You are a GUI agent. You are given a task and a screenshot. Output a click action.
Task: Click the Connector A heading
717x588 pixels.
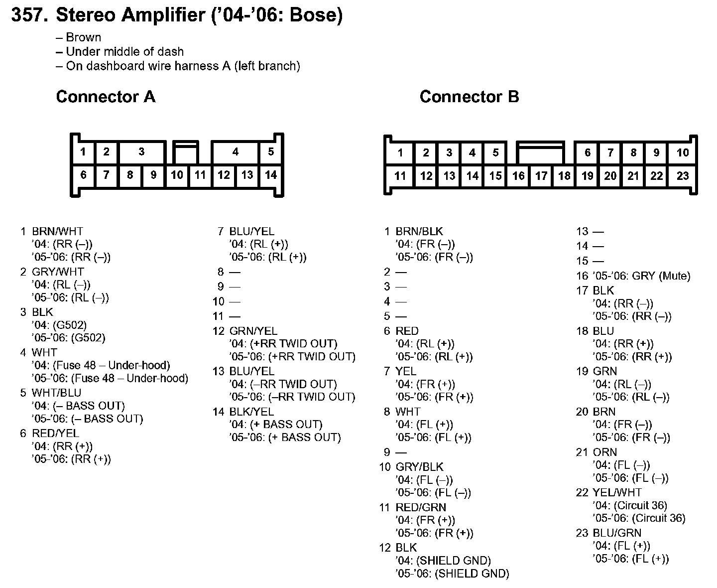click(106, 97)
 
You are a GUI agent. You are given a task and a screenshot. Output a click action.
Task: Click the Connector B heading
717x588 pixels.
click(469, 97)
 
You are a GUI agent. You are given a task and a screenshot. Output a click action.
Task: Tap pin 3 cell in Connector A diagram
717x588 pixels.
click(141, 152)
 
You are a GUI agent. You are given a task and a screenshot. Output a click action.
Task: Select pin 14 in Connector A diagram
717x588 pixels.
click(270, 175)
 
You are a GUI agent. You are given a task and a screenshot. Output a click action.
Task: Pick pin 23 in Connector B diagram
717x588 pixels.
click(683, 176)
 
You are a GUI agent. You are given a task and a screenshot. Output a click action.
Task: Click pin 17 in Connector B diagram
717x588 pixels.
click(541, 176)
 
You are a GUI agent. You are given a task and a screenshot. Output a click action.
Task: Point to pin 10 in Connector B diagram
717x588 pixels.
click(683, 153)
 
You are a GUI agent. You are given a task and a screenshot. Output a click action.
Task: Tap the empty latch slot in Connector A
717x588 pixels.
click(185, 154)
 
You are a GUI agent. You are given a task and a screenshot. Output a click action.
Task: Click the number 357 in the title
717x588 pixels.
click(29, 15)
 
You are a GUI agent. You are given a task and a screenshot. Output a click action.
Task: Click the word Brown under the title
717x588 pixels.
click(83, 37)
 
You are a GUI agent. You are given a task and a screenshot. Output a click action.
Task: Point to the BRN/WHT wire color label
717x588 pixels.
click(57, 231)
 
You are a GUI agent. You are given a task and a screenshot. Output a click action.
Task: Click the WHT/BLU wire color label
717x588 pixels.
click(56, 393)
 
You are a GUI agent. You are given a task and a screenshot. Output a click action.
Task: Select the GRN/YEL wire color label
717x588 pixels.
click(253, 331)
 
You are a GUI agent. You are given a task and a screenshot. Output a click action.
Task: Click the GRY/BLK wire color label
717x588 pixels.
click(419, 467)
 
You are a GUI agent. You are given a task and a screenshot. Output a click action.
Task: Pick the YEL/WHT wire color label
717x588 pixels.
click(617, 492)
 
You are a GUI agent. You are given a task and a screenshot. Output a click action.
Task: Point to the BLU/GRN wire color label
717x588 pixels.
click(617, 533)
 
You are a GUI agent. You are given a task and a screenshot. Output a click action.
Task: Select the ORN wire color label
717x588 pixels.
click(604, 452)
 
